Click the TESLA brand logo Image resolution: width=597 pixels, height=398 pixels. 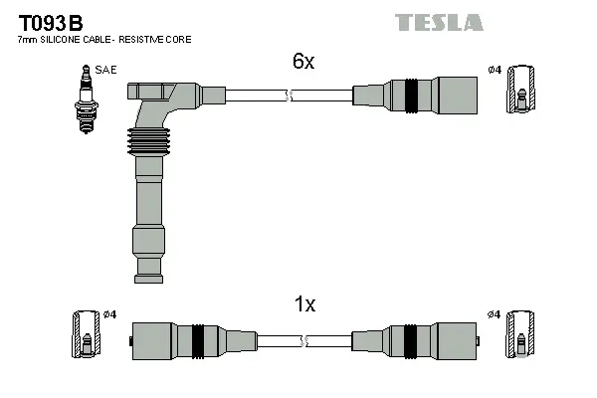click(439, 22)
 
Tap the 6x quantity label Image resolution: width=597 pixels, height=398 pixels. click(303, 62)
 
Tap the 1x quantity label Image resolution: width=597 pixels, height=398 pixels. click(303, 305)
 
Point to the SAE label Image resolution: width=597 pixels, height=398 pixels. click(103, 70)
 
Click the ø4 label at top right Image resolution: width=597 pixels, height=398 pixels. click(495, 70)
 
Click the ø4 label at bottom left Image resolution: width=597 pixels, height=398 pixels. click(109, 314)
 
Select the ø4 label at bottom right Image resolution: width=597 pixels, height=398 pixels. click(495, 314)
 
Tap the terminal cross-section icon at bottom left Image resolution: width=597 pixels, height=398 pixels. click(85, 335)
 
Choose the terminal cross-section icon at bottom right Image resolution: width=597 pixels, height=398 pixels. click(520, 335)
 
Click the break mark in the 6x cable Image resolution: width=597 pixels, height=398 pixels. click(289, 96)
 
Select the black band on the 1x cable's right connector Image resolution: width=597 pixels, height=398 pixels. click(410, 340)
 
